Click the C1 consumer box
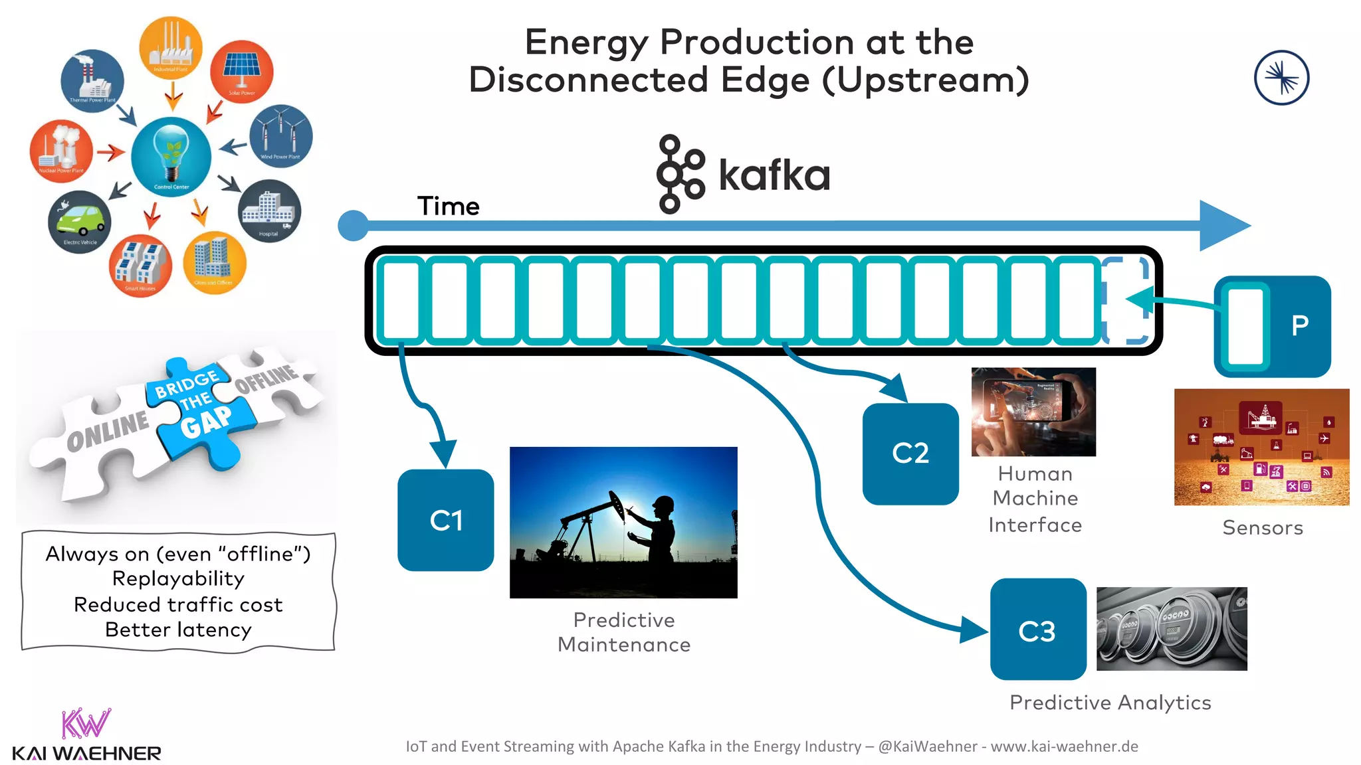click(x=445, y=520)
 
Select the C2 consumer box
click(x=910, y=454)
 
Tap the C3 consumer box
click(x=1037, y=630)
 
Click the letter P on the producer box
click(x=1300, y=325)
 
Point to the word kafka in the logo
click(x=774, y=175)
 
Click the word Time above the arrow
click(x=448, y=206)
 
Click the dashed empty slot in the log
click(x=1126, y=300)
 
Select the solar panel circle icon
click(x=242, y=70)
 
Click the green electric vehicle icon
click(x=80, y=221)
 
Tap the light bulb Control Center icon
click(x=171, y=157)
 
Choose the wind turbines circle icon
click(x=281, y=135)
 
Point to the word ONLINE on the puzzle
click(x=108, y=430)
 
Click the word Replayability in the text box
click(x=178, y=578)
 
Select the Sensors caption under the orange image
click(x=1263, y=528)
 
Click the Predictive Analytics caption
click(x=1110, y=703)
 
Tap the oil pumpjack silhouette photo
click(x=623, y=522)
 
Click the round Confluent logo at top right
click(x=1281, y=78)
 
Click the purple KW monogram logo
click(x=86, y=723)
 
